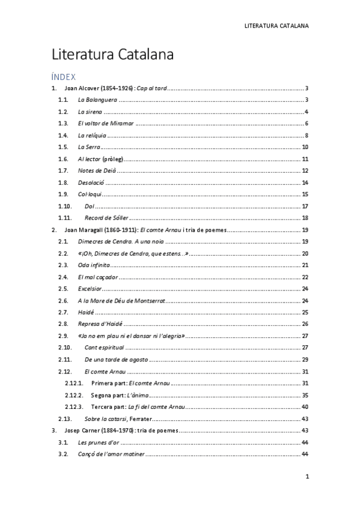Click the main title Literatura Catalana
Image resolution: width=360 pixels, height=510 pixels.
[x=112, y=55]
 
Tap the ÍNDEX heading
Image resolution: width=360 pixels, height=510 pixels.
[x=63, y=76]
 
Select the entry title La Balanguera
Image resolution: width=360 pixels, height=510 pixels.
[x=97, y=100]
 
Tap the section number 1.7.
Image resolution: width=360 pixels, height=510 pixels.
[x=63, y=170]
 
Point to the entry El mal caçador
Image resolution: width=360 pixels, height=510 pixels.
[x=98, y=277]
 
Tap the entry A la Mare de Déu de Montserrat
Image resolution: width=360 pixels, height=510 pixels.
[x=121, y=300]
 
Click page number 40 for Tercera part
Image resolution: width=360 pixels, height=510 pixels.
[x=305, y=407]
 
